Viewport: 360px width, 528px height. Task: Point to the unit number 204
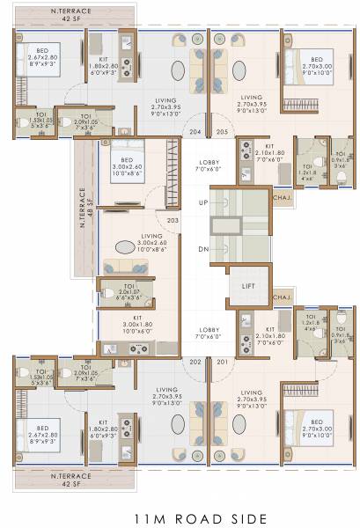[x=195, y=132]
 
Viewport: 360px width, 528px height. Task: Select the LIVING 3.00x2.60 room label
[x=122, y=241]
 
